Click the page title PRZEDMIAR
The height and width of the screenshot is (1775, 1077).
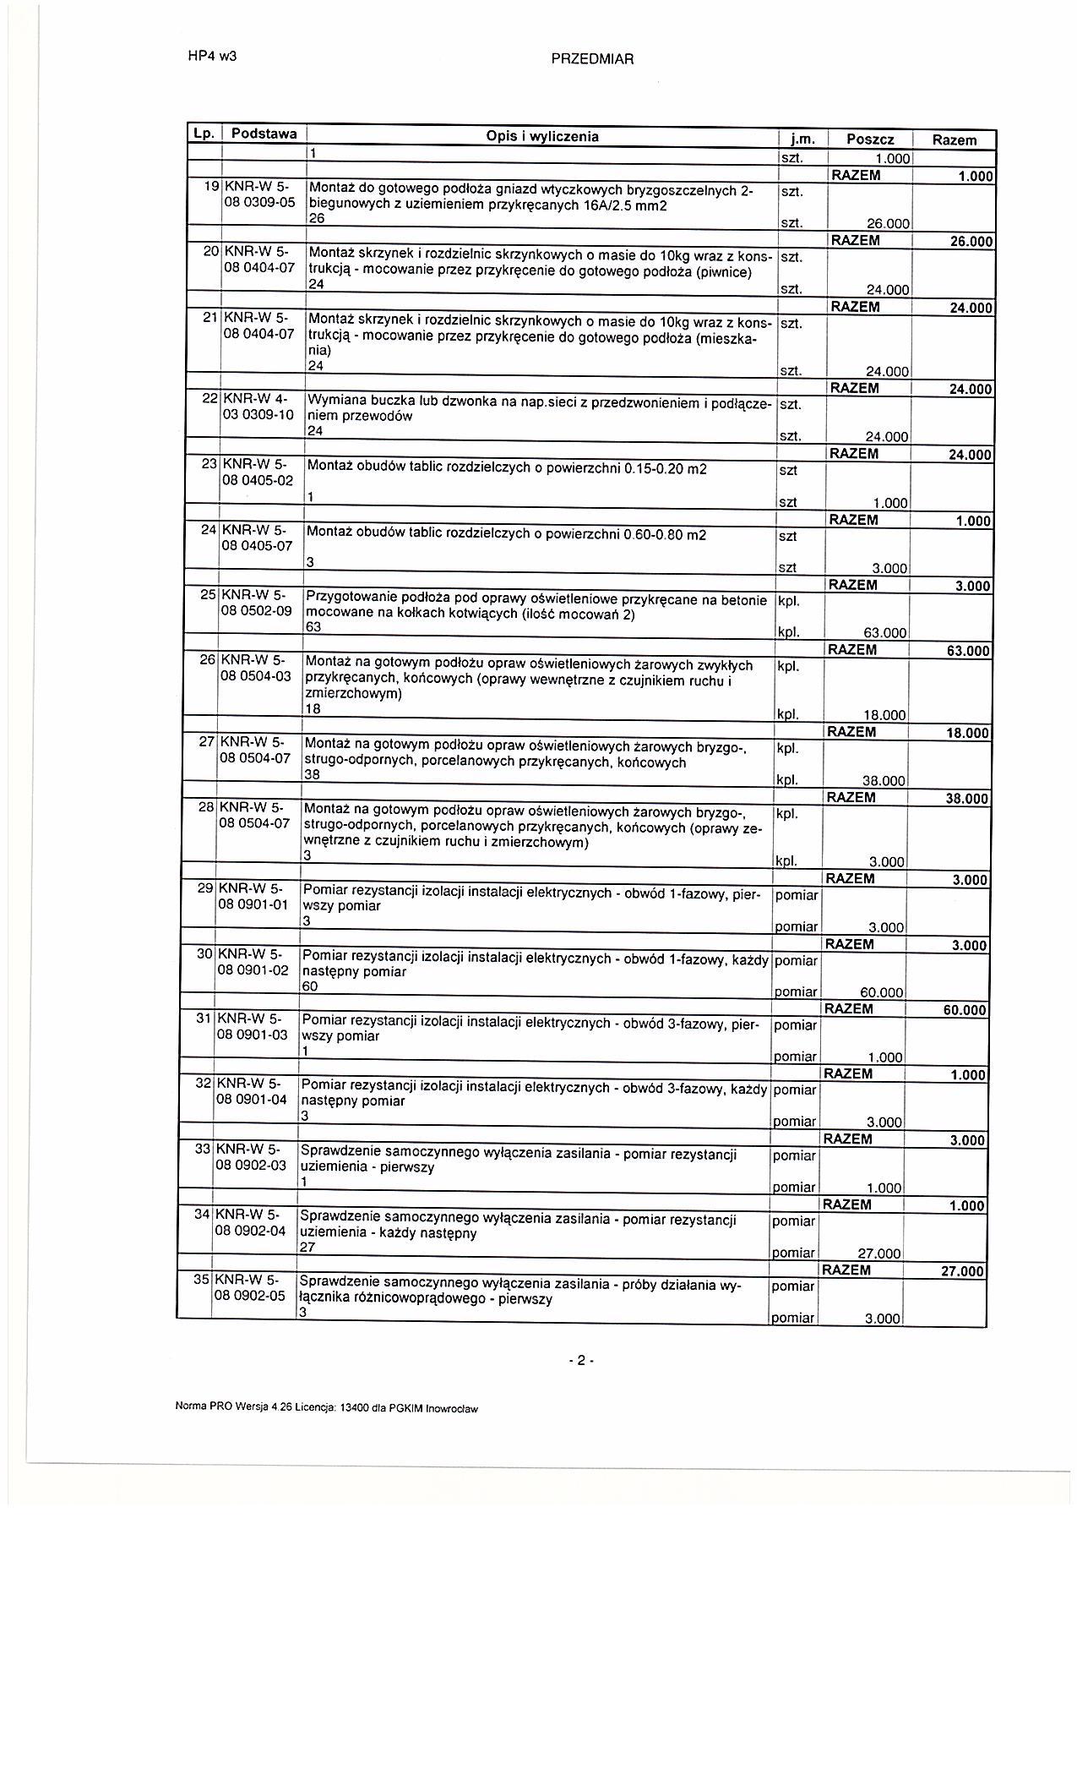pos(592,59)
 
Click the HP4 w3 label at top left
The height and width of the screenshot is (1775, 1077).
pos(212,57)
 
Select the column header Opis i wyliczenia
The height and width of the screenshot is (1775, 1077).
pos(542,136)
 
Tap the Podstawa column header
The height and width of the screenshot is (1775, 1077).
pos(264,134)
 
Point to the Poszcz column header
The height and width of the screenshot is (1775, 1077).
pos(869,139)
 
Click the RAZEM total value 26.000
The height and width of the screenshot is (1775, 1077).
pos(971,242)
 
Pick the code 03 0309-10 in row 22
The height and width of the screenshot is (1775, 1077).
pos(258,414)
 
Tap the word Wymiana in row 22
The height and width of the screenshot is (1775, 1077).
pos(333,400)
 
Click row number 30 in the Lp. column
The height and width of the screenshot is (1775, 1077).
pos(204,953)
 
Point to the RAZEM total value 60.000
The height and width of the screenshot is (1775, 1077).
pos(965,1010)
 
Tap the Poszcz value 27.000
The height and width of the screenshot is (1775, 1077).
pos(879,1254)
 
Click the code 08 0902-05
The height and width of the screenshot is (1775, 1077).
pos(251,1296)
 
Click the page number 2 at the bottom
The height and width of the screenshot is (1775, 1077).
pos(581,1361)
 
